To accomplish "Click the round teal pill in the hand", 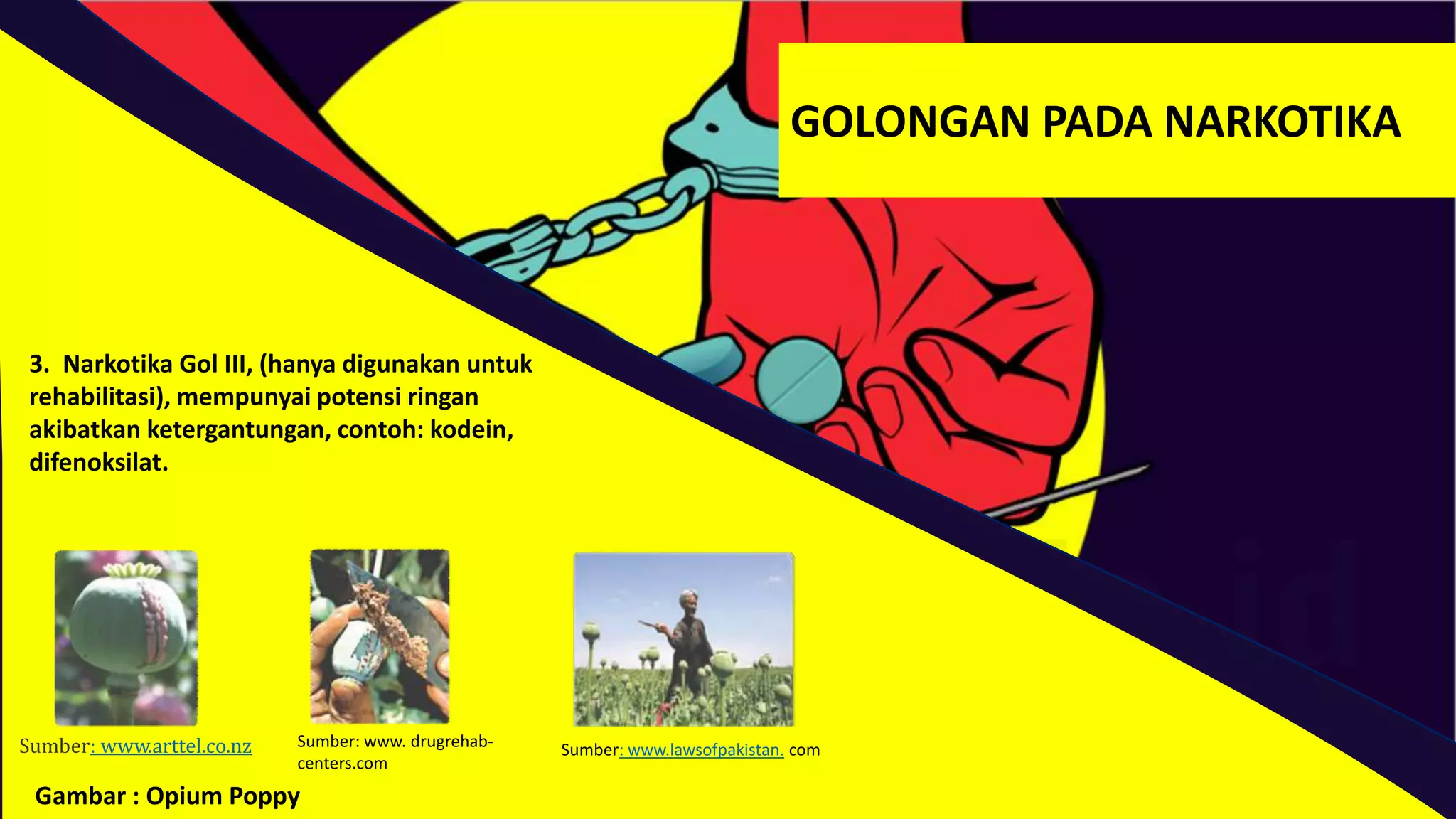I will [x=798, y=381].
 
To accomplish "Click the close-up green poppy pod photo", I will [x=127, y=637].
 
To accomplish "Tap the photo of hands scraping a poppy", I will [x=380, y=636].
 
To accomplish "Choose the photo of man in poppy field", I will [x=683, y=639].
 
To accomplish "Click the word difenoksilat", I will [x=99, y=463].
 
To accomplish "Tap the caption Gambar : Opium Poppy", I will [x=168, y=796].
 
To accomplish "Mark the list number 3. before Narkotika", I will [x=39, y=364].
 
